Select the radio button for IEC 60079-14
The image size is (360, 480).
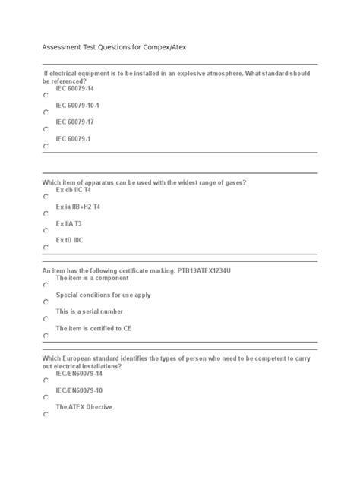click(46, 95)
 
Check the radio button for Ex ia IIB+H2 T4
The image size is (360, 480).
click(46, 214)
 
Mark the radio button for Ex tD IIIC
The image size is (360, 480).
click(46, 248)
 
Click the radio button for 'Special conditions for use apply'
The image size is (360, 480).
click(46, 302)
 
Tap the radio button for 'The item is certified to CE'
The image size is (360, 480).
click(46, 335)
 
